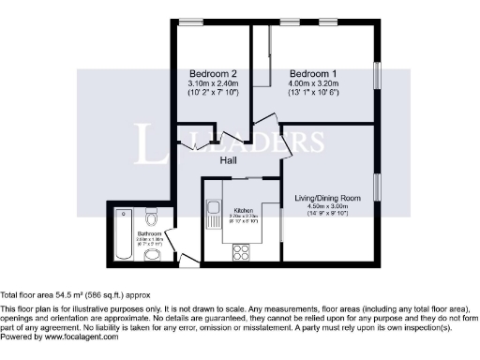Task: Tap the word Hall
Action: [228, 160]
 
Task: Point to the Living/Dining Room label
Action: [328, 198]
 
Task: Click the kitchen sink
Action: [214, 209]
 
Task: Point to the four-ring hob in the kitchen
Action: [239, 251]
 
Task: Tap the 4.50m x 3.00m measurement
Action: [328, 207]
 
